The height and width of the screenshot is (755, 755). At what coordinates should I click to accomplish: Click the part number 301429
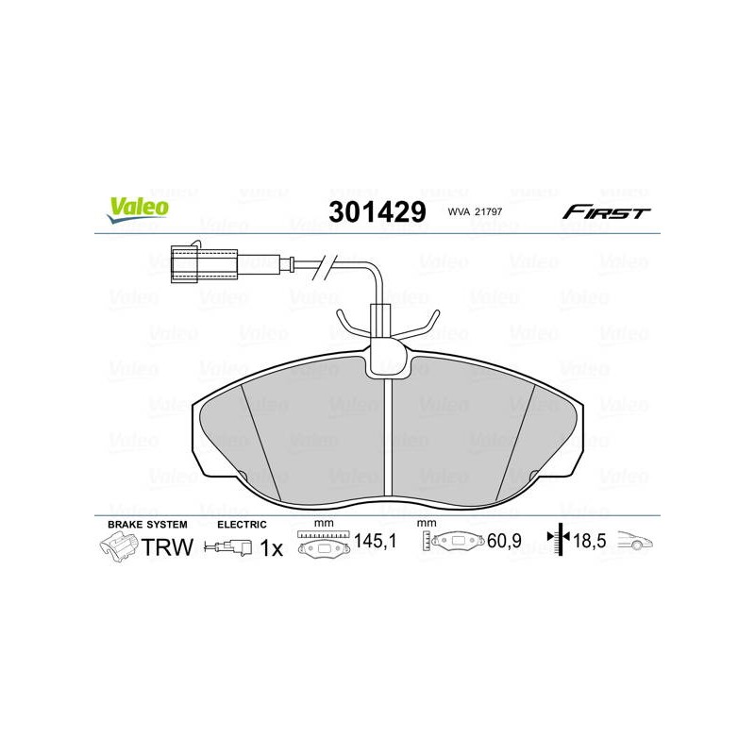coord(377,211)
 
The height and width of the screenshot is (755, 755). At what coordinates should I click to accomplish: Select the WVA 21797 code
coord(475,211)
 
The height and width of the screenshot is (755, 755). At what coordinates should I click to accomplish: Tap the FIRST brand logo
coord(606,212)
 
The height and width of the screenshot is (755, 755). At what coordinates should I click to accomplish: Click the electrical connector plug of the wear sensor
coord(204,264)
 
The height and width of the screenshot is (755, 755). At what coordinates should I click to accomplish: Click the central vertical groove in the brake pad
coord(388,437)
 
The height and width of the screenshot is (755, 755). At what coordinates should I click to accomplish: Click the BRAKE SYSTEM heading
coord(147,525)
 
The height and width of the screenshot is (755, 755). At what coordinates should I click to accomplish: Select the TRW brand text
coord(168,547)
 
